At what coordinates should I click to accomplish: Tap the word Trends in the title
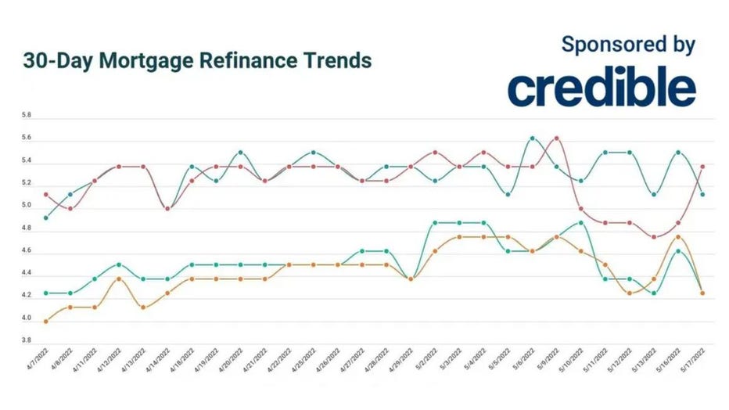point(336,60)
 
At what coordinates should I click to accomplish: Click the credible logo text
point(601,89)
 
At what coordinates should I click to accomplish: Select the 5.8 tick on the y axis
point(27,116)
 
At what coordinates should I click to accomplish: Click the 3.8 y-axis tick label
point(27,341)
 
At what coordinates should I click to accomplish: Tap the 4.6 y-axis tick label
point(27,251)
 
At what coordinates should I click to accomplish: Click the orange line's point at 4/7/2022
point(47,322)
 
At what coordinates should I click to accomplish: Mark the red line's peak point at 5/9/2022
point(556,138)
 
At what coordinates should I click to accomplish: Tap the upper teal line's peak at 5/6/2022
point(532,138)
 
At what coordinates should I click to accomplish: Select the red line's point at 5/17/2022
point(702,167)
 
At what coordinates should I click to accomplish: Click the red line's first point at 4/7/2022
point(47,194)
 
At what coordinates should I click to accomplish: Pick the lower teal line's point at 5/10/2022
point(580,223)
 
